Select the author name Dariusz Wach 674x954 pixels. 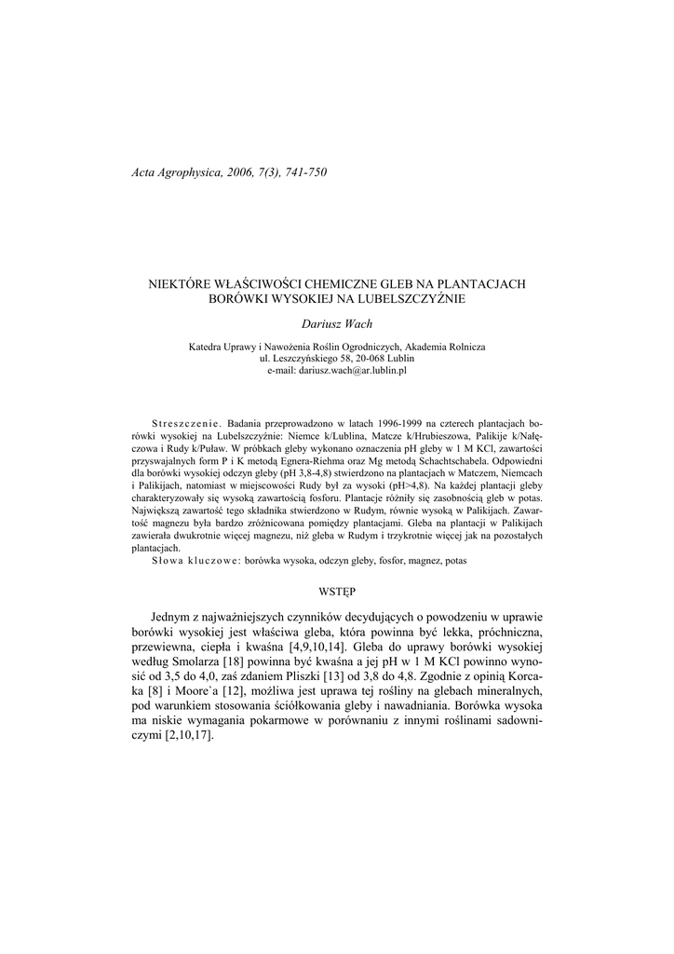tap(336, 322)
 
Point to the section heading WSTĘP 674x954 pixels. tap(337, 591)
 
